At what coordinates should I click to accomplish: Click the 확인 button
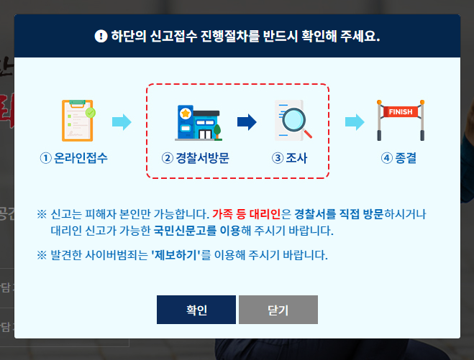coord(196,310)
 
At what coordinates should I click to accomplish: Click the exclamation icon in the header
coord(100,35)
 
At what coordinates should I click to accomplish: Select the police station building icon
coord(196,121)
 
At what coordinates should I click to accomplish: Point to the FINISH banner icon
coord(401,120)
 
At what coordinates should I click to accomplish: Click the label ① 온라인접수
coord(77,157)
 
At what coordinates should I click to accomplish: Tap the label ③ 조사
coord(290,157)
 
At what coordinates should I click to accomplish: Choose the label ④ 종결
coord(399,157)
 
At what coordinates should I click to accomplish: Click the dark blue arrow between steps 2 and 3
coord(247,121)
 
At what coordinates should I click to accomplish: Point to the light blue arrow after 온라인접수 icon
coord(122,121)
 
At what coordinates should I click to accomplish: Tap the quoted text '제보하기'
coord(176,255)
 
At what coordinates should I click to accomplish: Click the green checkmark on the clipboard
coord(90,113)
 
